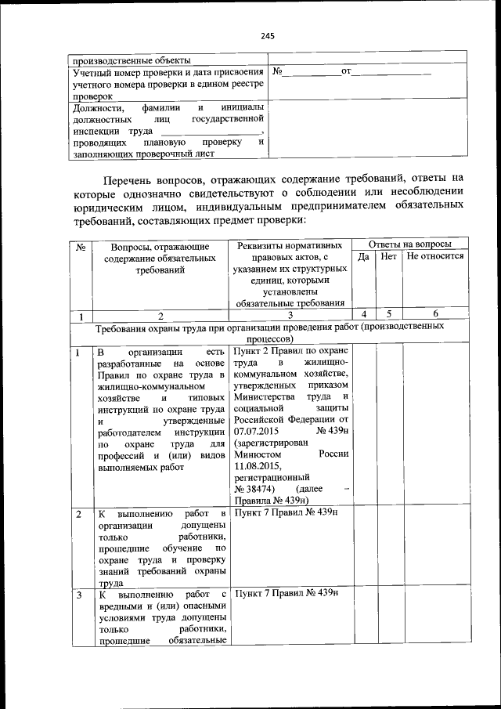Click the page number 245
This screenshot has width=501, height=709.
(268, 36)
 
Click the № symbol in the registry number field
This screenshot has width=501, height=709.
(277, 72)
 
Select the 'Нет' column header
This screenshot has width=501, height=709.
(389, 256)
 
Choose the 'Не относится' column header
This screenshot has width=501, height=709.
(435, 256)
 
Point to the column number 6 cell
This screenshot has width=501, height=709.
(435, 315)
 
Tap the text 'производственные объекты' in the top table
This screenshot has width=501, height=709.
(131, 59)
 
